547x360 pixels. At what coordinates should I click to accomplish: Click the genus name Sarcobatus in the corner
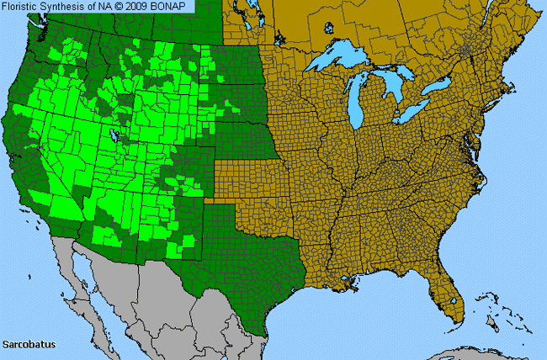pyautogui.click(x=28, y=345)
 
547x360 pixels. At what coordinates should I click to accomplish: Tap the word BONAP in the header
pyautogui.click(x=173, y=6)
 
